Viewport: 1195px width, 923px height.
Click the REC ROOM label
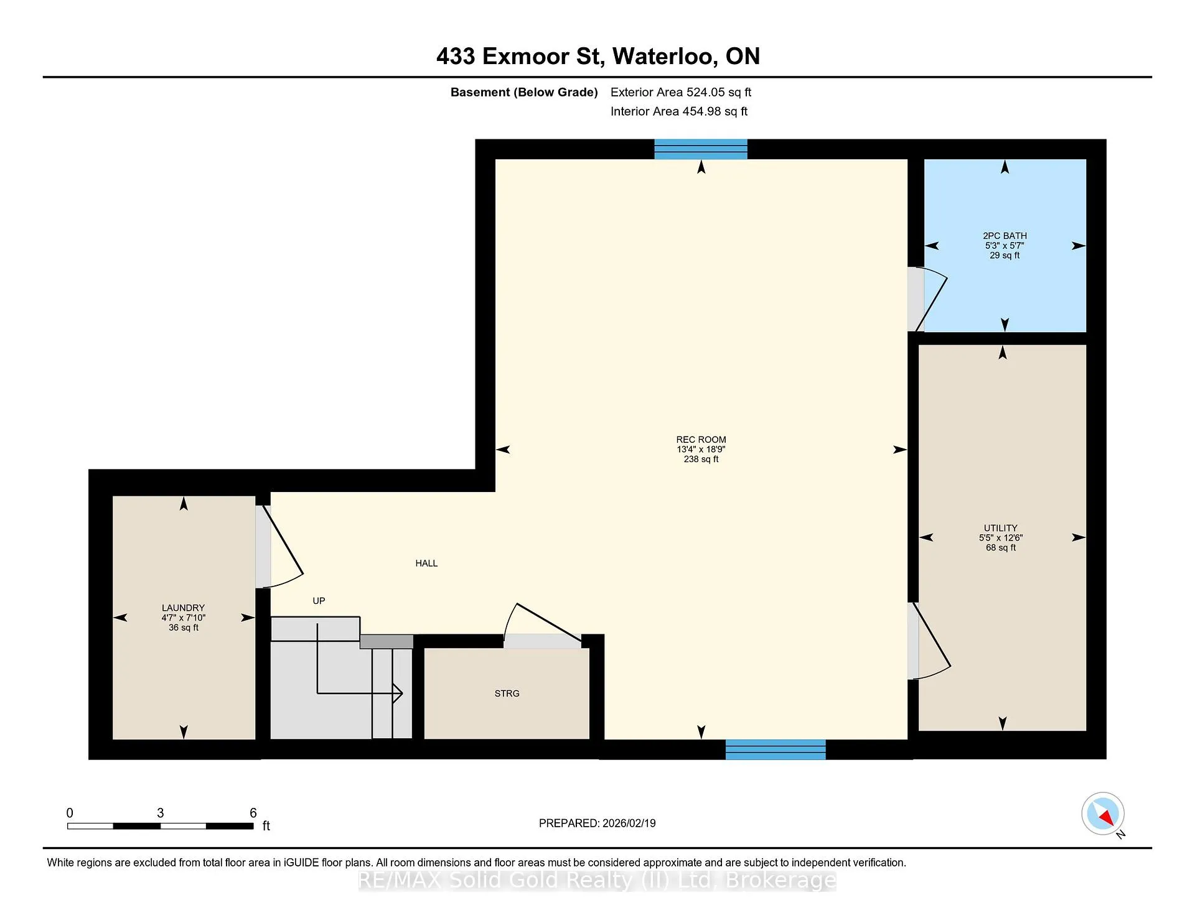point(701,440)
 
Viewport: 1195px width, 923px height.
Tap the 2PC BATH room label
point(1005,236)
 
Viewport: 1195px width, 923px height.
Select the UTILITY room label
point(1001,528)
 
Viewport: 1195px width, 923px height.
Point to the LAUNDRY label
point(183,608)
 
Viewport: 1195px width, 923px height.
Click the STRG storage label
point(507,693)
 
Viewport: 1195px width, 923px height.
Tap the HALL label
point(426,564)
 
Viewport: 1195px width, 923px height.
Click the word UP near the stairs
point(319,601)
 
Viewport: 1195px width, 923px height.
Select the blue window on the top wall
point(701,149)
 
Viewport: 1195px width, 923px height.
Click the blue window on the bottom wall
point(776,749)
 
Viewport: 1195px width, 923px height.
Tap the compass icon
point(1103,814)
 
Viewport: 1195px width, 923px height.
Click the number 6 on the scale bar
point(253,813)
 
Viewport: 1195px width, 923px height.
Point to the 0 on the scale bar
point(70,813)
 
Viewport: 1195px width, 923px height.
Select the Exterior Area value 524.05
point(706,92)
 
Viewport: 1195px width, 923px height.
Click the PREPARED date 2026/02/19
point(629,823)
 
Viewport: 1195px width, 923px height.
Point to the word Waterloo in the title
point(663,57)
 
